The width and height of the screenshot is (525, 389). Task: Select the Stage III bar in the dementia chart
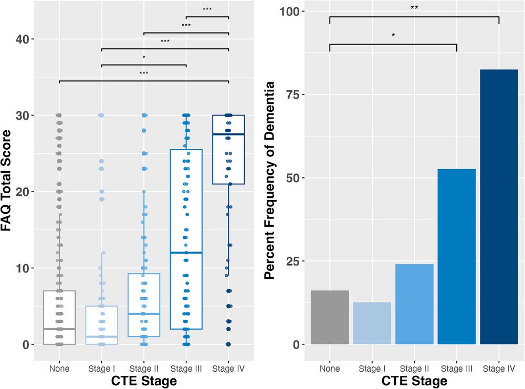coord(456,257)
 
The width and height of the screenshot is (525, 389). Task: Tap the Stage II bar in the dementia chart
coord(414,304)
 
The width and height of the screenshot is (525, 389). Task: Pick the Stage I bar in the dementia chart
coord(372,323)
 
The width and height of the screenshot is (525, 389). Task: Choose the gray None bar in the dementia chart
coord(330,318)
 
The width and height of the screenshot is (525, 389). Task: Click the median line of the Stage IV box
coord(228,134)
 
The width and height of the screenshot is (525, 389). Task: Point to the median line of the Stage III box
coord(186,253)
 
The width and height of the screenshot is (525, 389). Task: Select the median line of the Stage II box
coord(144,313)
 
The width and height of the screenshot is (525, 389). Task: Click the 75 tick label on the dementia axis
coord(296,94)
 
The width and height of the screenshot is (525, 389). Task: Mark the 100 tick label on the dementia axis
coord(293,12)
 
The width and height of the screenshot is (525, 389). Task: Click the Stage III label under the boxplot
coord(186,369)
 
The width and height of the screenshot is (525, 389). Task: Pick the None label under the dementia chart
coord(330,369)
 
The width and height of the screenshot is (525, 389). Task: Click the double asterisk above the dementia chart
coord(414,8)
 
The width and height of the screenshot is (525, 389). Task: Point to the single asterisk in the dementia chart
coord(393,36)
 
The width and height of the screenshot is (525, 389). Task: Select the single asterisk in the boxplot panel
coord(144,57)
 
